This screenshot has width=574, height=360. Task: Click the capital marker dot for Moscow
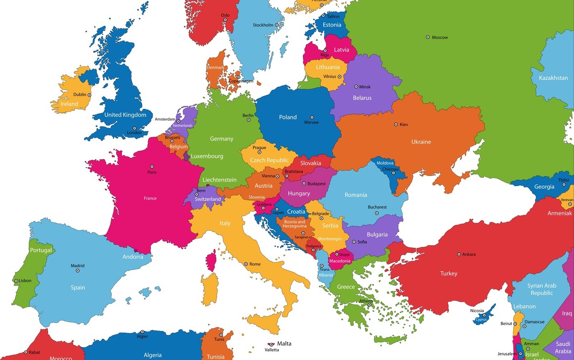428,37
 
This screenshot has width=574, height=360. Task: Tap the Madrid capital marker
77,271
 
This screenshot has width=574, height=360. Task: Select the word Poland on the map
288,117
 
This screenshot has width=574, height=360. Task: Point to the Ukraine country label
421,142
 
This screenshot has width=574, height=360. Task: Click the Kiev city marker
396,124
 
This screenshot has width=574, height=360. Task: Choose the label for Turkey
449,274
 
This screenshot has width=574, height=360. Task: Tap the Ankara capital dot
459,254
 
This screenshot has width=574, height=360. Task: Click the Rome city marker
246,264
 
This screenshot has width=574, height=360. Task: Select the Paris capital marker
152,167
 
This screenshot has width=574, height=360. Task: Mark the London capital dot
134,128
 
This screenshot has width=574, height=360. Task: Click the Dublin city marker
89,95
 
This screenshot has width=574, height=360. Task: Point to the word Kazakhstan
553,78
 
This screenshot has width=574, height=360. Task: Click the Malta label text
284,343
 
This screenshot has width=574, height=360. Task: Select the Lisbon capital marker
16,281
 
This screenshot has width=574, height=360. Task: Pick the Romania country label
356,195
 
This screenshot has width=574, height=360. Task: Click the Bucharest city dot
377,213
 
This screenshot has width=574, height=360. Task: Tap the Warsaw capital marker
312,117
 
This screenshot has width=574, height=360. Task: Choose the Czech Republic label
269,160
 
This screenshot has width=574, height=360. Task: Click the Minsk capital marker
356,86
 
